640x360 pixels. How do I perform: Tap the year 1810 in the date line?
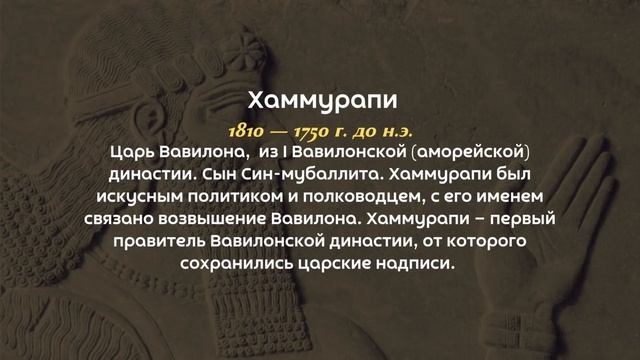[245, 130]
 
